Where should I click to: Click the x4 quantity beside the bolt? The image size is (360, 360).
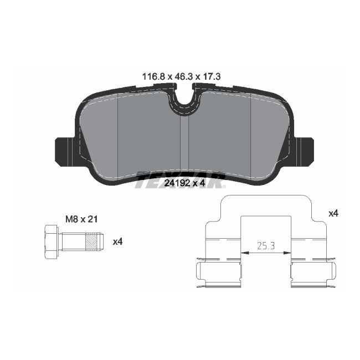tap(117, 241)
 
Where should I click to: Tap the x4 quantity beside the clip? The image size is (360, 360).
tap(333, 213)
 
